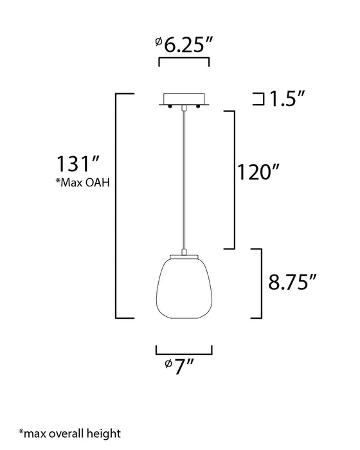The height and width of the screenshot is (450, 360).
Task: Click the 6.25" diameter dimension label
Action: click(184, 44)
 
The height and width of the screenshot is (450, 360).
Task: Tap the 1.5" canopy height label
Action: click(287, 99)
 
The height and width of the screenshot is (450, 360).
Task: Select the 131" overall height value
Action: click(78, 163)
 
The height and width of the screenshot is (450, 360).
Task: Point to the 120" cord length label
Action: click(258, 172)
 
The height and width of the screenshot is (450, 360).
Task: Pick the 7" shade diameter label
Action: click(180, 366)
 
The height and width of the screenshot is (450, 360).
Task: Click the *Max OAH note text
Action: click(83, 182)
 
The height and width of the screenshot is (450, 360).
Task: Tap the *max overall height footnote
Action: click(70, 433)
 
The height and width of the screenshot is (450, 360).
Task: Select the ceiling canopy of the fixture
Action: click(184, 99)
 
